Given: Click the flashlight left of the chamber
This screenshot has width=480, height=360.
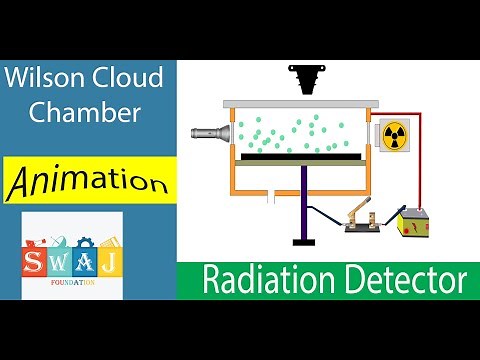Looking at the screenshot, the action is click(210, 131).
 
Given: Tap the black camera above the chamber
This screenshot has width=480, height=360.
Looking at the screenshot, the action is click(303, 77).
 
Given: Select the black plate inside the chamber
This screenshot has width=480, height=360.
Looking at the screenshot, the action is click(301, 156).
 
